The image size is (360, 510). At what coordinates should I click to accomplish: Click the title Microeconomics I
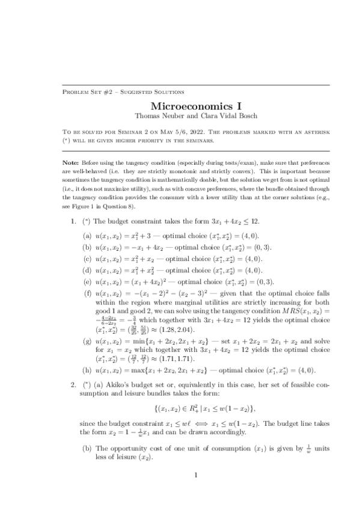click(180, 105)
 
